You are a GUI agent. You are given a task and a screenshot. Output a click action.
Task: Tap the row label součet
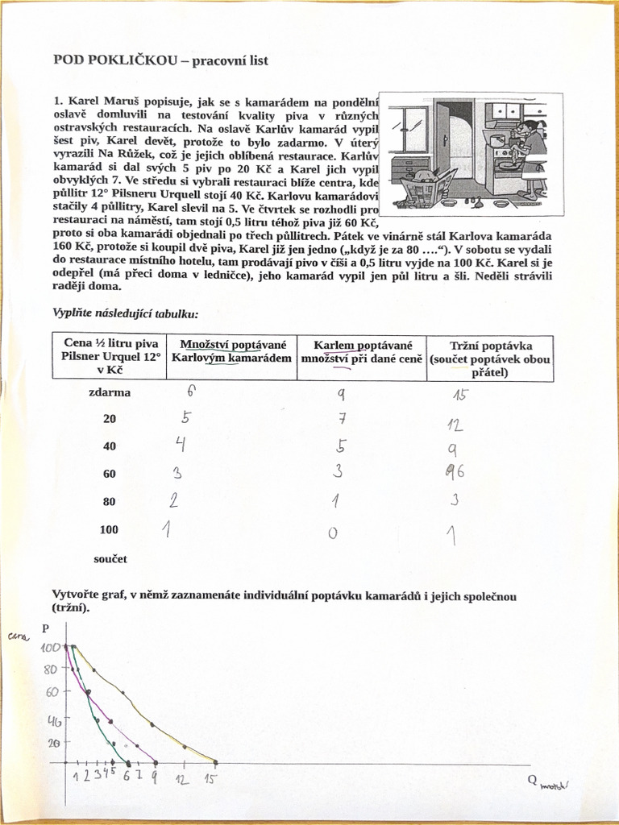click(x=110, y=558)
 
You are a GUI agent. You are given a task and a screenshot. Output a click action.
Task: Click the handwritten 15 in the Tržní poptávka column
click(x=459, y=395)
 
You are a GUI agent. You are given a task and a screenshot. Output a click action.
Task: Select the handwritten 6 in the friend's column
click(x=191, y=392)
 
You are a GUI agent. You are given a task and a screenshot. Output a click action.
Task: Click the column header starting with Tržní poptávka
click(x=490, y=359)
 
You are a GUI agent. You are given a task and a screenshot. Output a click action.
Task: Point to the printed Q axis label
click(x=533, y=780)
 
